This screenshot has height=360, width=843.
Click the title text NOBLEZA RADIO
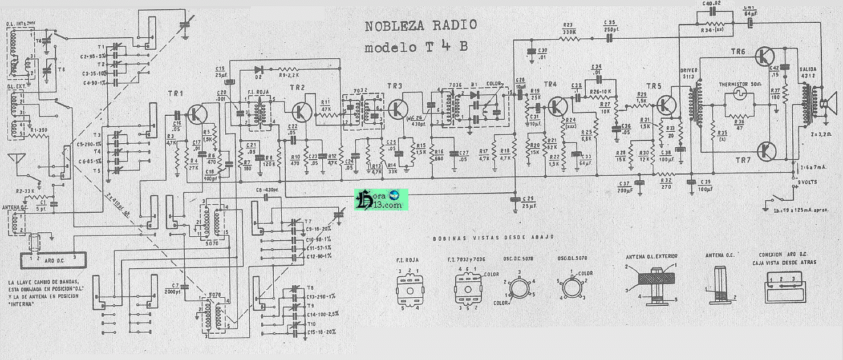pyautogui.click(x=421, y=26)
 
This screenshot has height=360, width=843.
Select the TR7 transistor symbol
pyautogui.click(x=766, y=151)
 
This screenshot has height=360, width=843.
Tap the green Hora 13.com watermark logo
pyautogui.click(x=381, y=199)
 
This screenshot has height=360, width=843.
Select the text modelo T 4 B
pyautogui.click(x=416, y=48)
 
